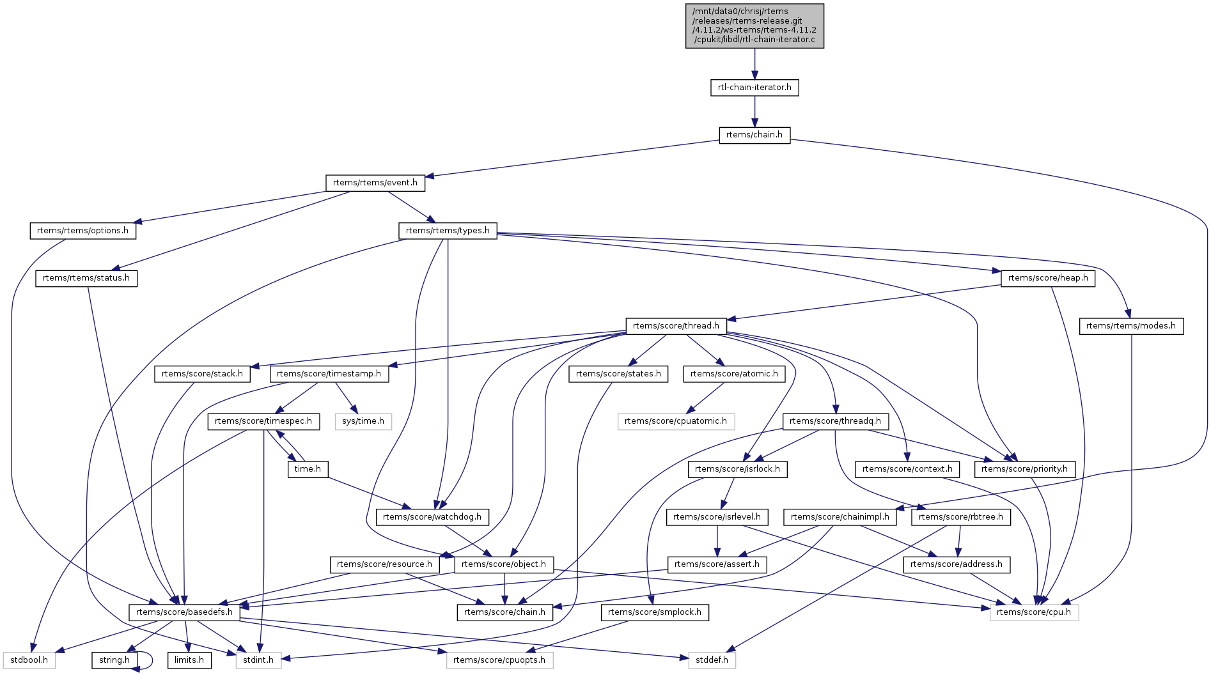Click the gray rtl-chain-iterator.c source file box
coord(754,26)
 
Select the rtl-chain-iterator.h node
coord(754,88)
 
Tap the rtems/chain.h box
coord(754,135)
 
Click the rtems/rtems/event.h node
coord(375,183)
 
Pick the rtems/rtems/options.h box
coord(82,231)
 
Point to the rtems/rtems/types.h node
coord(448,231)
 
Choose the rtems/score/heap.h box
coord(1047,278)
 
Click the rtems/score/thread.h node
coord(676,326)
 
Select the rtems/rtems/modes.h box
coord(1130,326)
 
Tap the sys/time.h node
coord(363,421)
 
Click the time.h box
coord(308,469)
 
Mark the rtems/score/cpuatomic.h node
coord(675,421)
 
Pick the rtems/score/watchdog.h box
coord(432,517)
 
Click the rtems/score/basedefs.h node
coord(184,612)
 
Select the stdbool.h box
coord(29,660)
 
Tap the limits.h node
coord(189,660)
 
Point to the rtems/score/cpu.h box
coord(1033,612)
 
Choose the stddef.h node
coord(712,660)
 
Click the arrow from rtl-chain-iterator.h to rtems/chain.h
coord(754,111)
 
